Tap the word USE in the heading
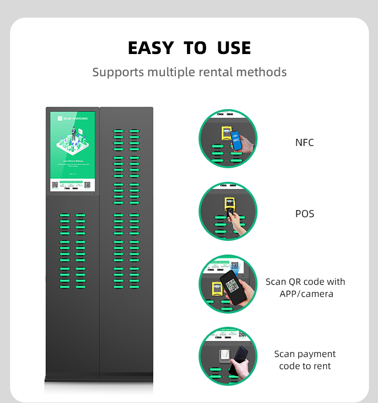click(234, 48)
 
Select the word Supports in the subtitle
click(118, 72)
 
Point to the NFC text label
click(304, 143)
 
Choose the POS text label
click(304, 214)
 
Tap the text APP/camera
click(306, 294)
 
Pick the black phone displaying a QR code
click(232, 286)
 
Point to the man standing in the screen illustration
click(74, 133)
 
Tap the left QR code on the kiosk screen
click(55, 185)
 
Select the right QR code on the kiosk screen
click(87, 185)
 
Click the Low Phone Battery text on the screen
click(73, 160)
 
